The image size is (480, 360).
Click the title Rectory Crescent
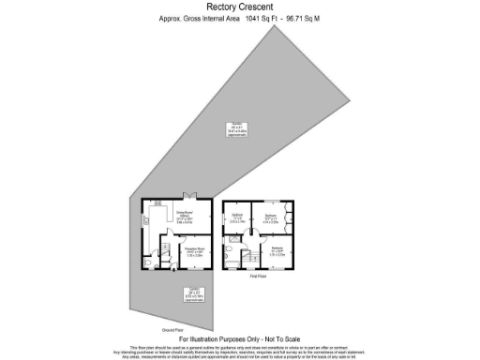click(239, 7)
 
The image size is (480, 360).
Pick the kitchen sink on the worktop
click(147, 221)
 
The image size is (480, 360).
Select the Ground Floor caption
click(171, 330)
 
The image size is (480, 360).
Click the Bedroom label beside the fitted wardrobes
click(270, 217)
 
